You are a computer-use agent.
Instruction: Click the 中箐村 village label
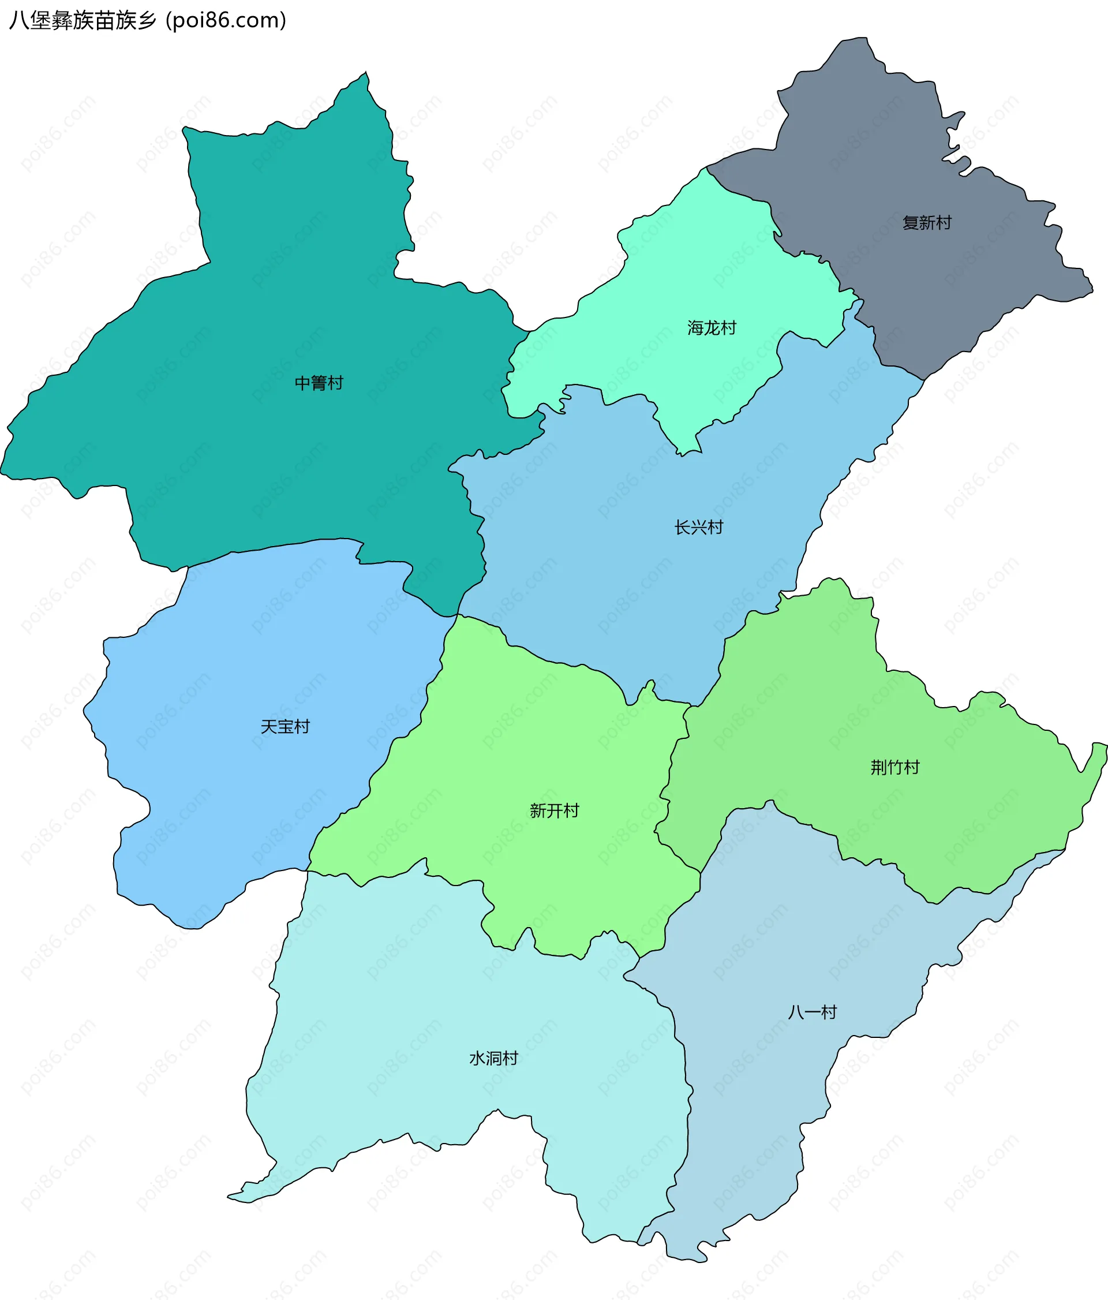[x=319, y=383]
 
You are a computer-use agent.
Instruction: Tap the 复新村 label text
[x=926, y=223]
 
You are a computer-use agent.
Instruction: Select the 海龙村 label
[x=711, y=328]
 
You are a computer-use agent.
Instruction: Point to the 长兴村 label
[x=698, y=528]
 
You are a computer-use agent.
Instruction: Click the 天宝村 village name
[x=285, y=727]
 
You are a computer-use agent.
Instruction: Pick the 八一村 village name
[x=812, y=1012]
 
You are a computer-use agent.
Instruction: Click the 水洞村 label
[x=493, y=1059]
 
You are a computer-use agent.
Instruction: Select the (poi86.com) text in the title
[x=226, y=21]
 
